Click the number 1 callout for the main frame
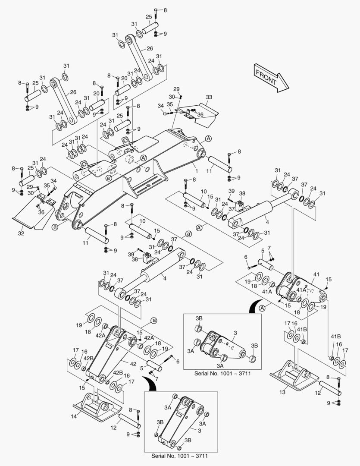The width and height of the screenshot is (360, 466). (x=196, y=165)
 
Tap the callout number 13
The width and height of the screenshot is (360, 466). (x=282, y=392)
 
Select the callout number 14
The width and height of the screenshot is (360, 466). (x=74, y=416)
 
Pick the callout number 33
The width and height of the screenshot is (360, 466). (x=209, y=98)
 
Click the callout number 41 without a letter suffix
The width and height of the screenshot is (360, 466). (x=316, y=274)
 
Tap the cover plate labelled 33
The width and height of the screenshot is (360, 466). (x=200, y=113)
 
